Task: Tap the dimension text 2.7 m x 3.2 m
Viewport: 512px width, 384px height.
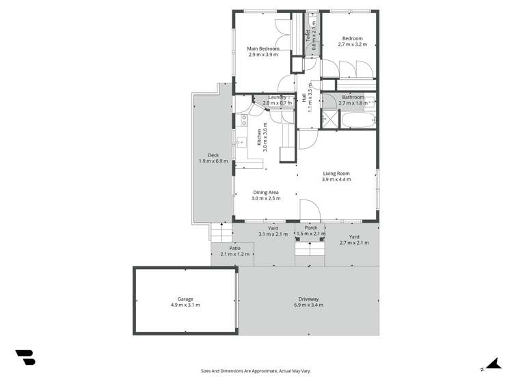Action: pos(352,44)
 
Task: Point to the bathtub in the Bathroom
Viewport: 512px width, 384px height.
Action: pos(358,121)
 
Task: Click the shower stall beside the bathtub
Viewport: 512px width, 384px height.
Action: pos(331,120)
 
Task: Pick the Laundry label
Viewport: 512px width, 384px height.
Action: pos(277,97)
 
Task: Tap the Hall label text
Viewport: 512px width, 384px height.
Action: pos(304,98)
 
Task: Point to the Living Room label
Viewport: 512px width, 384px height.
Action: pos(336,174)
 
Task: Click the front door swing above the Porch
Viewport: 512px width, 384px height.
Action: pos(309,210)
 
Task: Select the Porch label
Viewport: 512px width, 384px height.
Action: pos(311,228)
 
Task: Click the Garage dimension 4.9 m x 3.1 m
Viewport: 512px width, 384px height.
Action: pos(185,305)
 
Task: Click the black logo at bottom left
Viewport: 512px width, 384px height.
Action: pos(25,357)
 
